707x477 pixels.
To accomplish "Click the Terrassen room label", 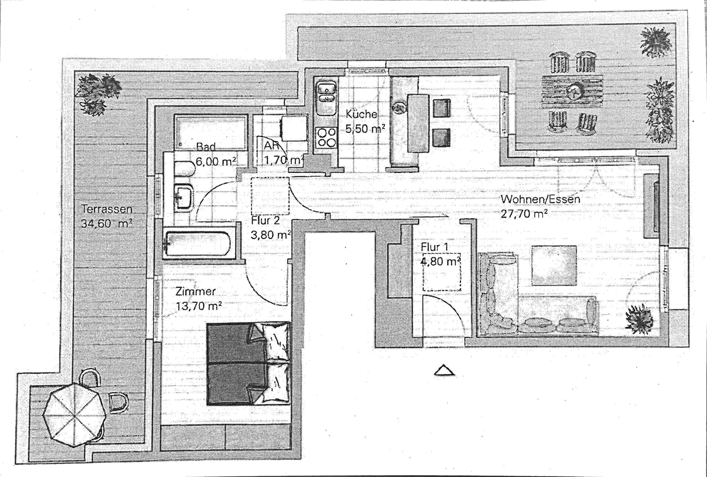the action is [x=107, y=209].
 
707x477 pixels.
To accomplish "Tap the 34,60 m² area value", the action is [x=107, y=224].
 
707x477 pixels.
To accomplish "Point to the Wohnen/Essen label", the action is [x=541, y=199].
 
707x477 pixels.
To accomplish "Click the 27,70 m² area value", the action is [x=524, y=214].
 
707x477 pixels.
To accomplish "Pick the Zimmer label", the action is [x=196, y=292].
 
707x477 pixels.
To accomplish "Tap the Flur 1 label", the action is [x=435, y=247].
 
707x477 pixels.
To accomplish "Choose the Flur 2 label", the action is [x=265, y=220].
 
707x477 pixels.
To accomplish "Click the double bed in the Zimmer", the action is [x=248, y=364].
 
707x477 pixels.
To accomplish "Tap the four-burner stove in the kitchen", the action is [x=326, y=137].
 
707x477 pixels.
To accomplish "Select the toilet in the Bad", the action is [x=184, y=169].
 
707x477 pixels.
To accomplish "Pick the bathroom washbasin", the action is [x=184, y=197].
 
